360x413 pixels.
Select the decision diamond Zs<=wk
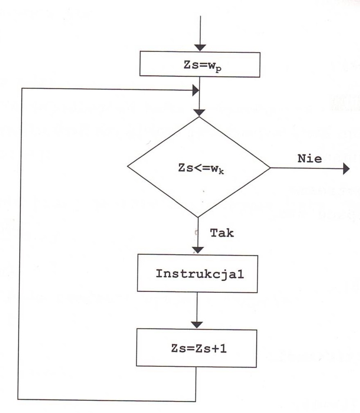(198, 167)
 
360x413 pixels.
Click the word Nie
(309, 159)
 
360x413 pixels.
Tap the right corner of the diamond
(270, 168)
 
